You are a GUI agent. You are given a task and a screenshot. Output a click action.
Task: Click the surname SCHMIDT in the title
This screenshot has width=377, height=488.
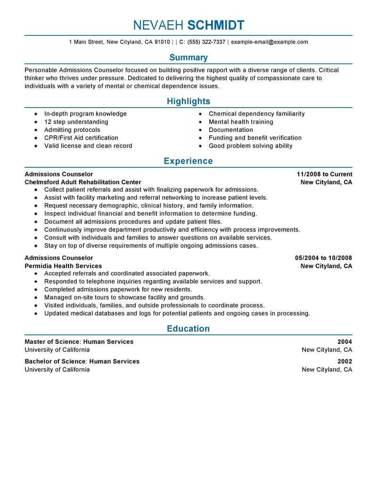click(216, 25)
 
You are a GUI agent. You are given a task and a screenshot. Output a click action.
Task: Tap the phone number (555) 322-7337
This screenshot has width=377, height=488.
click(207, 42)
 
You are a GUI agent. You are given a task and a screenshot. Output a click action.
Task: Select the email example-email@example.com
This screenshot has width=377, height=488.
click(270, 42)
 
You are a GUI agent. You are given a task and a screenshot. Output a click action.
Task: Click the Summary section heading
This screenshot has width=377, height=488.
click(188, 58)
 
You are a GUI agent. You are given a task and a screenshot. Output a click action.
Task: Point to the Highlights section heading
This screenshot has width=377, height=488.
click(188, 101)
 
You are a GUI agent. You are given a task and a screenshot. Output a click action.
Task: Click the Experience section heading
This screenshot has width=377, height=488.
click(188, 161)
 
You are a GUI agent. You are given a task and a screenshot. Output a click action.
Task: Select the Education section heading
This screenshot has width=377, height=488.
click(188, 329)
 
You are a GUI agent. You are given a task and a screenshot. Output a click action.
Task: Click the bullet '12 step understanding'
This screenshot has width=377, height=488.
click(76, 122)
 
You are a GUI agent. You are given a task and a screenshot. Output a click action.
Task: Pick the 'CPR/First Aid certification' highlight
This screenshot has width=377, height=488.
click(81, 138)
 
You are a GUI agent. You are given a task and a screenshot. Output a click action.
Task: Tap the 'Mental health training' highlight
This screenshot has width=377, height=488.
click(241, 122)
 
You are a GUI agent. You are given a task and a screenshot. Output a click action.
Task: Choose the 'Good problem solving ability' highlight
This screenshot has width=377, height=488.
click(250, 146)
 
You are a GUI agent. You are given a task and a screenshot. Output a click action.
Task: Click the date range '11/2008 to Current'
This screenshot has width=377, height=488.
click(321, 174)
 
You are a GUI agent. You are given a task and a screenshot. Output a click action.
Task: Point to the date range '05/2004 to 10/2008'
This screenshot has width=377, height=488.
click(323, 258)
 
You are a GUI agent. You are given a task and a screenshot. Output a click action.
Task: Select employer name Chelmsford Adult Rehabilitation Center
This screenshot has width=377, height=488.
click(82, 182)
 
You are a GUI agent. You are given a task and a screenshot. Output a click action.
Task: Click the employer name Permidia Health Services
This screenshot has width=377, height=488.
click(63, 266)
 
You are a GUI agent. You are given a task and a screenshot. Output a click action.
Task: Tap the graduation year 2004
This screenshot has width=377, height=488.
click(344, 342)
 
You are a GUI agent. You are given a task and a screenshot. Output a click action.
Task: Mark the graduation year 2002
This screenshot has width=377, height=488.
click(344, 362)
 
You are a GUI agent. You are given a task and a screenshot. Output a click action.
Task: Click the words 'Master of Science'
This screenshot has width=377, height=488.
click(52, 342)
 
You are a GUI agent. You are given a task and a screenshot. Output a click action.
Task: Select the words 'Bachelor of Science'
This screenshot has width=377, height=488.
click(55, 362)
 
